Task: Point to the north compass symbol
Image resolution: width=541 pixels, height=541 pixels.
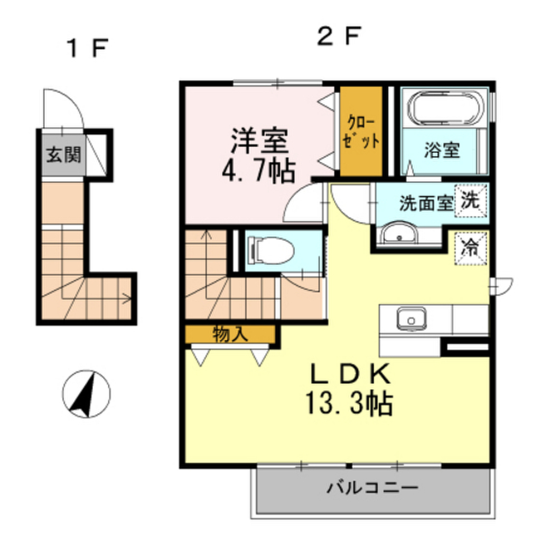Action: click(86, 394)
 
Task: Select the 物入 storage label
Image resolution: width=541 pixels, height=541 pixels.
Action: click(230, 334)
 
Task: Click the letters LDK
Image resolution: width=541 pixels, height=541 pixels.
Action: click(349, 375)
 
